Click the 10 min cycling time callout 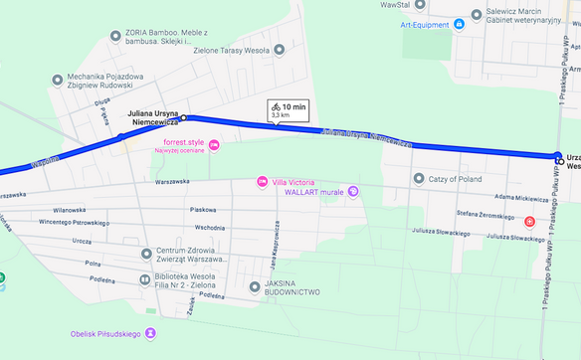tap(288, 110)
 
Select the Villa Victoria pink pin tap(262, 182)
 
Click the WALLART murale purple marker tap(353, 191)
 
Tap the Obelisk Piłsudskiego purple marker tap(150, 333)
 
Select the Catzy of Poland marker tap(419, 179)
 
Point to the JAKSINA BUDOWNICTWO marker tap(254, 287)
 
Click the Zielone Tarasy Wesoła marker tap(279, 50)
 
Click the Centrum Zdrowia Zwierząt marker tap(146, 254)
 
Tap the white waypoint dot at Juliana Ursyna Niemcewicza tap(183, 117)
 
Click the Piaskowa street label tap(204, 210)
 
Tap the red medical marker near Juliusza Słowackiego tap(529, 221)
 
